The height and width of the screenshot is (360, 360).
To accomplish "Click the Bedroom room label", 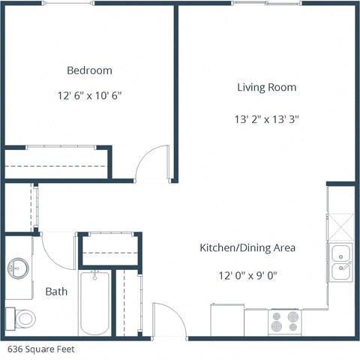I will [89, 70].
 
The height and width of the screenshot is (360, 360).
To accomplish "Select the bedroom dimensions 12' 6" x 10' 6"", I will [89, 96].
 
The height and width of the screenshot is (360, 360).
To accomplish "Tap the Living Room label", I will [266, 87].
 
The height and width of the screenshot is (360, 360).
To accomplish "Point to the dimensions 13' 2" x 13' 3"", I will [266, 118].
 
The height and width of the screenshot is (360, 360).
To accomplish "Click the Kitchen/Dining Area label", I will [247, 247].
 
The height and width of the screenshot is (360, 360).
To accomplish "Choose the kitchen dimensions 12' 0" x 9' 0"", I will [247, 274].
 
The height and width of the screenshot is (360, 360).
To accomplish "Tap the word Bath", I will [57, 291].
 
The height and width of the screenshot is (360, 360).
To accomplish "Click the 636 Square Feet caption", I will [41, 349].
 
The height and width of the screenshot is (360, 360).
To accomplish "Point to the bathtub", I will [94, 303].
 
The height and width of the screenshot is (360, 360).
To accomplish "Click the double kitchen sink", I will [341, 261].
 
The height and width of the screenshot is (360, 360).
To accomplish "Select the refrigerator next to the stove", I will [227, 321].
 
